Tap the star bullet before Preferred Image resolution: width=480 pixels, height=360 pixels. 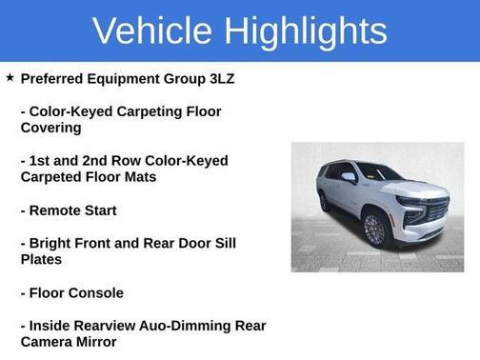point(10,77)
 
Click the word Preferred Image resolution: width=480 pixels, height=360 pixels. point(53,78)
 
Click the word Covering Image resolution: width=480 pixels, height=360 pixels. point(51,128)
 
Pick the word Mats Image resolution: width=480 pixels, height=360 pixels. point(136,177)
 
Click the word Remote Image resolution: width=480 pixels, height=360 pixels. point(59,210)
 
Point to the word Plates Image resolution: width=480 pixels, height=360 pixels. point(41,259)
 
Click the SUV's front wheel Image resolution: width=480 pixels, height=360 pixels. point(374,229)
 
